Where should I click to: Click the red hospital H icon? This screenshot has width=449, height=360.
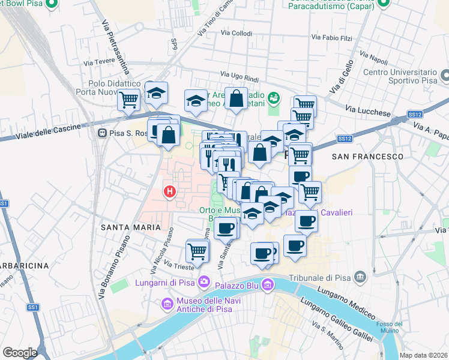170,192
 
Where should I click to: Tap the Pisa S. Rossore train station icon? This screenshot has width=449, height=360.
103,133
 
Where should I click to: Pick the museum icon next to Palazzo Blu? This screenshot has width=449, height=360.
268,282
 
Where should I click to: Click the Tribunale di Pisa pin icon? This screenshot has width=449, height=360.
360,277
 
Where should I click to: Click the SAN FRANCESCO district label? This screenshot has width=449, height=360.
367,156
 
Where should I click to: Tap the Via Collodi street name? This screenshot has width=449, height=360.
237,34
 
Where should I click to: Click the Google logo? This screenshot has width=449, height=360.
20,353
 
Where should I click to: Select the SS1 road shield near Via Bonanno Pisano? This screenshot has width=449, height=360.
32,307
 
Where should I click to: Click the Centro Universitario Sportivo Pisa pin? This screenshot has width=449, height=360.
445,76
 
